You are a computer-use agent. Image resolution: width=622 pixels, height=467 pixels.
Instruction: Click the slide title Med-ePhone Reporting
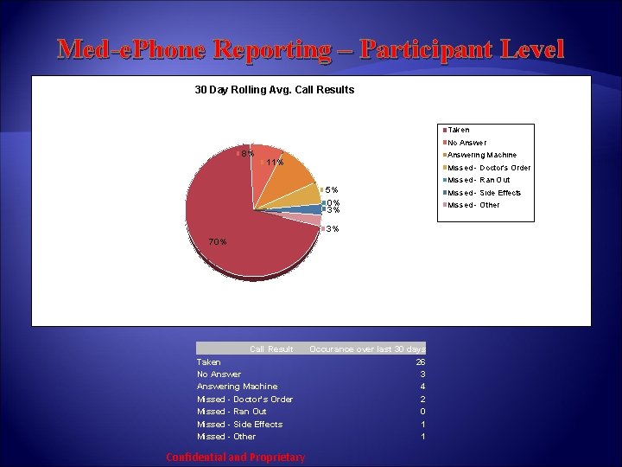311,48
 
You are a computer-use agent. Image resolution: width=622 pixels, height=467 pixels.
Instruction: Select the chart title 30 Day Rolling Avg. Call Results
274,89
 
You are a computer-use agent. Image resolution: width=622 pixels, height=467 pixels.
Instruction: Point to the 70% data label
218,241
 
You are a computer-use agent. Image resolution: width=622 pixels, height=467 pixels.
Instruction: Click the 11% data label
276,162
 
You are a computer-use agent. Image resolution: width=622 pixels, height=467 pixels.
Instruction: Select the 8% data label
247,153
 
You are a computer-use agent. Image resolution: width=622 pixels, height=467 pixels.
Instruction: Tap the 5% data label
332,190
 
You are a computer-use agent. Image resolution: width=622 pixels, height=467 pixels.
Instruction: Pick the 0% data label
333,202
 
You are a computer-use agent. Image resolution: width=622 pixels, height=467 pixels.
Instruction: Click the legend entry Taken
458,130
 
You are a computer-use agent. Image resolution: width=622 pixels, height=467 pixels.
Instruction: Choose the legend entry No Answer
466,143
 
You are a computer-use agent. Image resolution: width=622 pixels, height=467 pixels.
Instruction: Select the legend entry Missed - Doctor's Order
488,168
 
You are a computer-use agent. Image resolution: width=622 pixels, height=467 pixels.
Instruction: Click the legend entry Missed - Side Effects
484,193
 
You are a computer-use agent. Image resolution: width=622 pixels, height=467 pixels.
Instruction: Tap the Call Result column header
271,349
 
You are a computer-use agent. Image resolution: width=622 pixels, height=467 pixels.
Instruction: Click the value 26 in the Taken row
420,361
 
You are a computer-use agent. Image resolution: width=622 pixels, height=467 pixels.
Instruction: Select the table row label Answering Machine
237,387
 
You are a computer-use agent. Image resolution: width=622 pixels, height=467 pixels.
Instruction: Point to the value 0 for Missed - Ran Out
422,412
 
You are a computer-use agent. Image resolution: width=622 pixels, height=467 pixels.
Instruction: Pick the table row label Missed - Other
226,437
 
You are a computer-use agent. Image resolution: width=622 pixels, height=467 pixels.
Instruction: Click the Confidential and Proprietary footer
235,457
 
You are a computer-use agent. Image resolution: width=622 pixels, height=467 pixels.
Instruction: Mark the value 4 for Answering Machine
422,387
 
